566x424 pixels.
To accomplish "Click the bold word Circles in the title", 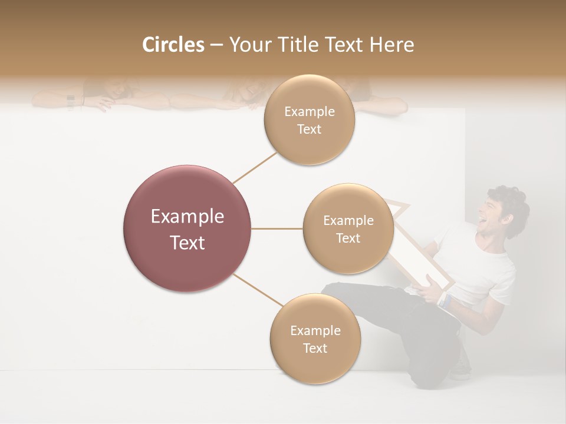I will tap(173, 45).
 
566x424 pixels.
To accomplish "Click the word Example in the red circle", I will tap(187, 217).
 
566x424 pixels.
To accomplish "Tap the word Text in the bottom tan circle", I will tap(315, 348).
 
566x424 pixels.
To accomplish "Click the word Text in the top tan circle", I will tap(309, 130).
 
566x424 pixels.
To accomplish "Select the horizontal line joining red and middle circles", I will tap(277, 228).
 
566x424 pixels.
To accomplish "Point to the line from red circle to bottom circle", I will tap(258, 290).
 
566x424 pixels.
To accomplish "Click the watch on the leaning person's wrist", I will tap(71, 102).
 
